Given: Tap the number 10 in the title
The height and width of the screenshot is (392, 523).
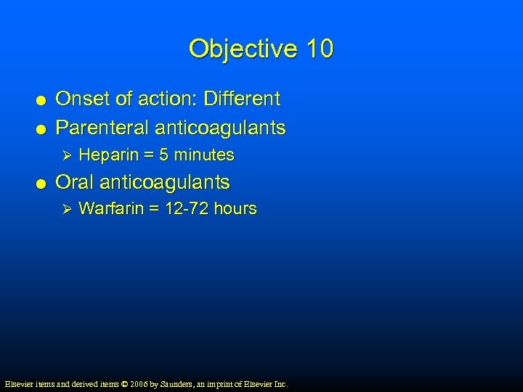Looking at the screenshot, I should coord(320,49).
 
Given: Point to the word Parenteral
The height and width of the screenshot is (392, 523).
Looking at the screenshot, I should coord(102,128).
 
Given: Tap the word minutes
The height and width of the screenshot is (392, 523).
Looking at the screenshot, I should coord(203,155).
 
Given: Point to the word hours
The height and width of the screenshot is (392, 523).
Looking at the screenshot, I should coord(235,208).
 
